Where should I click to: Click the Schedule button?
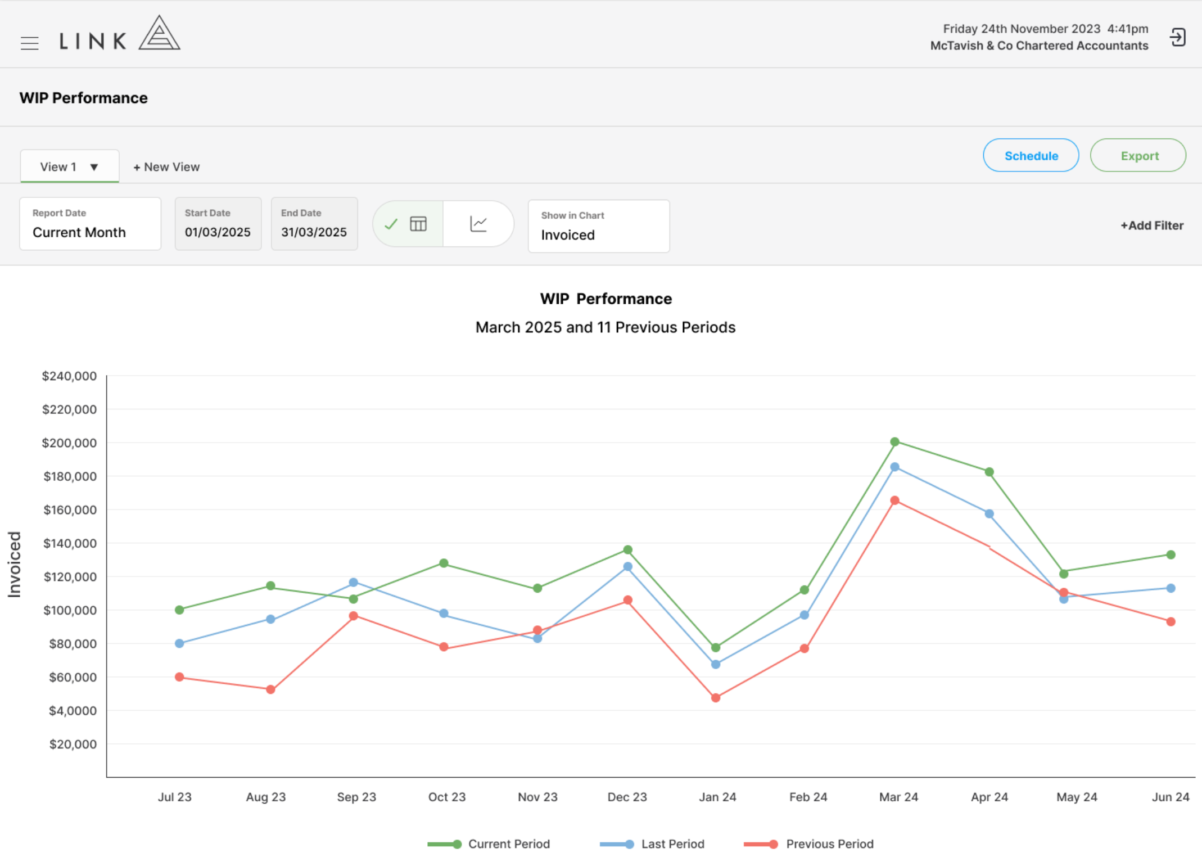1031,155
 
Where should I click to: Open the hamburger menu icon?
30,43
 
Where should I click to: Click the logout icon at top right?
1177,38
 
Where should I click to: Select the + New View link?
166,167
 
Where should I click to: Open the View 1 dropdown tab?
69,166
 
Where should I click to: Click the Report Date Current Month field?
90,224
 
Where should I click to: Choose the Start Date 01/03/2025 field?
218,224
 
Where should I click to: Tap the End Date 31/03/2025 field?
314,224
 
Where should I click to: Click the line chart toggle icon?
478,224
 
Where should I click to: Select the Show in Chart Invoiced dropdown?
599,226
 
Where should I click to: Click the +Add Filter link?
1152,225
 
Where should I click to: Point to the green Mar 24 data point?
894,442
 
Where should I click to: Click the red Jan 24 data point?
716,698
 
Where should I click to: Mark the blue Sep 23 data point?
354,583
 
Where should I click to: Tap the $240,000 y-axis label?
69,376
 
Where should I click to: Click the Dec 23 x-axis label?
627,797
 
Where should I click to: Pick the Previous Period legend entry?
808,844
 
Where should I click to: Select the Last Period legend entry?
652,844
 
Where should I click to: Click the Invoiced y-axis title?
14,564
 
